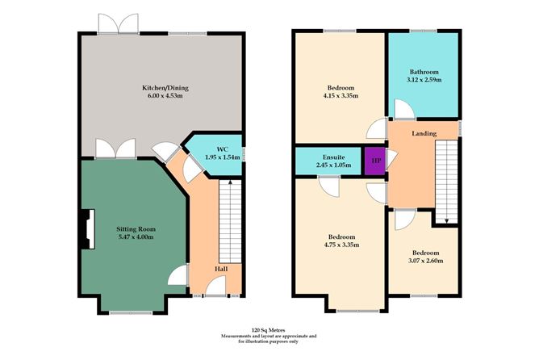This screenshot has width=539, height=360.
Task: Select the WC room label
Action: click(x=211, y=148)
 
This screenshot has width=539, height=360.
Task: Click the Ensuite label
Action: click(x=332, y=154)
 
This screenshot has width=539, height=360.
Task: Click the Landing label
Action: click(x=424, y=133)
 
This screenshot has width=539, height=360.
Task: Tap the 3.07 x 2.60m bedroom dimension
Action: click(x=424, y=262)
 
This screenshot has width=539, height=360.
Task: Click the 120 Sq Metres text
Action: click(x=269, y=329)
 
